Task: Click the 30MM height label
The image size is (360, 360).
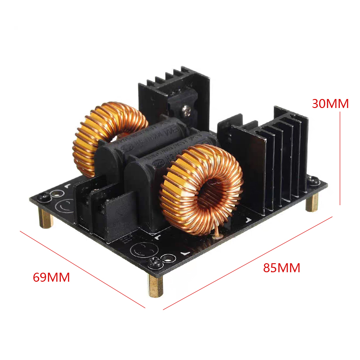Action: click(330, 103)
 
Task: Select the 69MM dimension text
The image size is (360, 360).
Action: click(51, 277)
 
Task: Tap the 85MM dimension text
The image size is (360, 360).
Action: click(281, 268)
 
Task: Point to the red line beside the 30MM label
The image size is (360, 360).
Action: click(340, 157)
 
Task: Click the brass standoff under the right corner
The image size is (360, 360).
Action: click(312, 202)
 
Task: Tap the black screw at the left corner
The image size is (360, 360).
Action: click(45, 196)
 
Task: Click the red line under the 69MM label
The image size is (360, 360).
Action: click(83, 270)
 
